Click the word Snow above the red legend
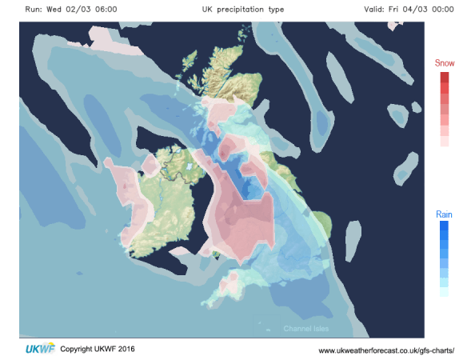point(444,63)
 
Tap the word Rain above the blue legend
point(444,214)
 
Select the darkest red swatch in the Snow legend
point(444,78)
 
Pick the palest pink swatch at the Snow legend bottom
point(444,141)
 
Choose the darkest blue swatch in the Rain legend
point(444,228)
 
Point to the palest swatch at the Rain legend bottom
point(444,293)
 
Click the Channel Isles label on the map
point(305,329)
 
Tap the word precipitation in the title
point(241,10)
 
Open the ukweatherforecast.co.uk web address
point(385,350)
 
